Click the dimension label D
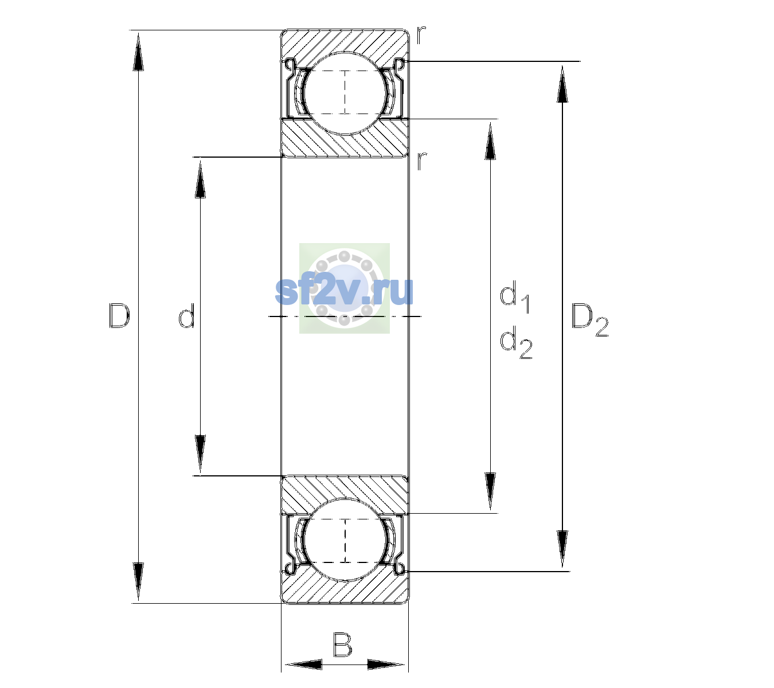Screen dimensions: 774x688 [119, 315]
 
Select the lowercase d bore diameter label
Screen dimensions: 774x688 [187, 315]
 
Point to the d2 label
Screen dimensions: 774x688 [516, 342]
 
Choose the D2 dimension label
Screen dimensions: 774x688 [589, 320]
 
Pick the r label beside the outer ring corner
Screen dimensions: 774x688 [421, 35]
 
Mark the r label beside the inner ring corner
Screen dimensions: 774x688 [421, 161]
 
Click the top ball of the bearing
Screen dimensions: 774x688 [345, 93]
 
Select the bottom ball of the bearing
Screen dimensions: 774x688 [345, 540]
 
